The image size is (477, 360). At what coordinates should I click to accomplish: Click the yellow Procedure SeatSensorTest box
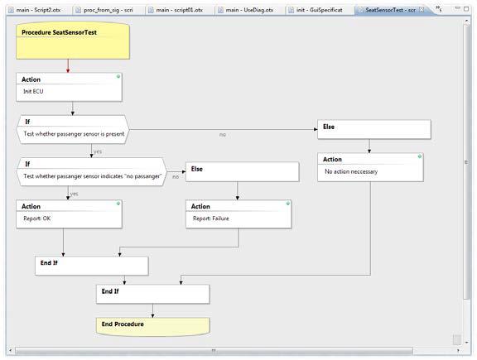click(x=73, y=41)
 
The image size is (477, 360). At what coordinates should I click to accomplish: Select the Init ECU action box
click(x=69, y=87)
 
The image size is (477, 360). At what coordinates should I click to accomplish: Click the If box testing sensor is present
click(x=73, y=130)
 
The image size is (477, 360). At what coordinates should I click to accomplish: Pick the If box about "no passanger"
click(x=92, y=172)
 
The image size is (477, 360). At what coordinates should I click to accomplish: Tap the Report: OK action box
click(x=69, y=214)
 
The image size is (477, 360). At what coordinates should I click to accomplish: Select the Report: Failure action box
click(x=238, y=214)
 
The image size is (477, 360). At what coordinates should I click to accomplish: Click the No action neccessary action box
click(x=370, y=167)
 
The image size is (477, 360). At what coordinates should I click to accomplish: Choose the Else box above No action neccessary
click(x=374, y=130)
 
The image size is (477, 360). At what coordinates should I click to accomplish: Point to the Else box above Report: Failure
click(x=243, y=172)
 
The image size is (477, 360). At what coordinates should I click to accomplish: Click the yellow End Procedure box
click(x=152, y=327)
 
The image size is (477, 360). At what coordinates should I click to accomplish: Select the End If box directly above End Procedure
click(x=152, y=294)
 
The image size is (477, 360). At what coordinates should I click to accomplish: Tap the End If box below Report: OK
click(x=92, y=266)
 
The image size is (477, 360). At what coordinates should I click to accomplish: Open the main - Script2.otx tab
click(x=38, y=10)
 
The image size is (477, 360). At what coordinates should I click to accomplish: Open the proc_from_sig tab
click(x=108, y=10)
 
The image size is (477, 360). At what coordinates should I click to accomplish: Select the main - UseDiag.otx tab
click(x=249, y=10)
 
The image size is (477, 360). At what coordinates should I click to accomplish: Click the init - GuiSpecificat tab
click(x=319, y=10)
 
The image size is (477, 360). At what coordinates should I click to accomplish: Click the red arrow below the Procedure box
click(x=68, y=66)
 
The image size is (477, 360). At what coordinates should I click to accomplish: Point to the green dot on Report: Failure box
click(x=288, y=203)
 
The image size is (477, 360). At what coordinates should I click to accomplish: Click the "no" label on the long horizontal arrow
click(x=223, y=134)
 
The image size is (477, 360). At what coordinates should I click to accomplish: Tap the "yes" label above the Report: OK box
click(x=75, y=194)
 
